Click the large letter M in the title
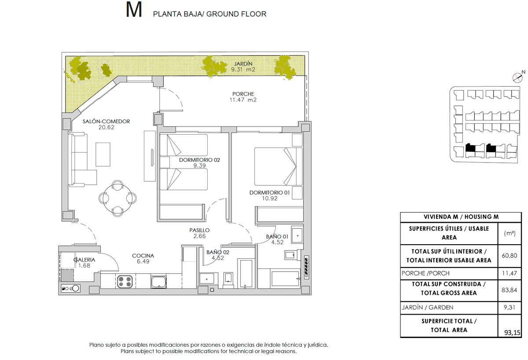click(134, 10)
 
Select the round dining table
click(117, 198)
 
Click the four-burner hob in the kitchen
click(125, 282)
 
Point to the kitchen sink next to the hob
click(158, 282)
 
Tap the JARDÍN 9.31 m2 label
click(243, 66)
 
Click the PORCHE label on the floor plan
click(243, 94)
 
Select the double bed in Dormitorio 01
click(279, 166)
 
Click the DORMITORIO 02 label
click(199, 160)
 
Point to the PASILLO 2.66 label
click(199, 233)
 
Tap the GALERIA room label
click(84, 260)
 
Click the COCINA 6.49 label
click(143, 258)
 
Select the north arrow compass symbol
click(518, 77)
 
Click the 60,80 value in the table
click(510, 256)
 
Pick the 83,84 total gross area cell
click(510, 290)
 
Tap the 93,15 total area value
click(512, 333)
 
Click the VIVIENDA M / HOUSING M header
click(461, 217)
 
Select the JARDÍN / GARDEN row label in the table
click(427, 308)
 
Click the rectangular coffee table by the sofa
click(103, 154)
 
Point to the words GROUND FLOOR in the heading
click(236, 14)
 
